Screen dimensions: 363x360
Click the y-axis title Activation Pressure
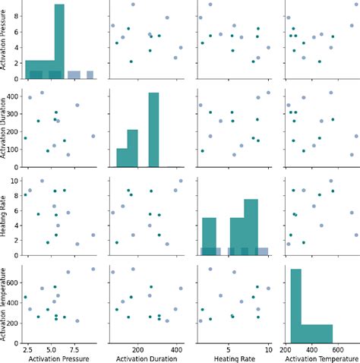6,43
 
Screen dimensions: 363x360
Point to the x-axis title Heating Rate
230,357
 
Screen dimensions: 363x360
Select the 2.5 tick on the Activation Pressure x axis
27,346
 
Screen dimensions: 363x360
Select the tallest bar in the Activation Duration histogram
153,129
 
